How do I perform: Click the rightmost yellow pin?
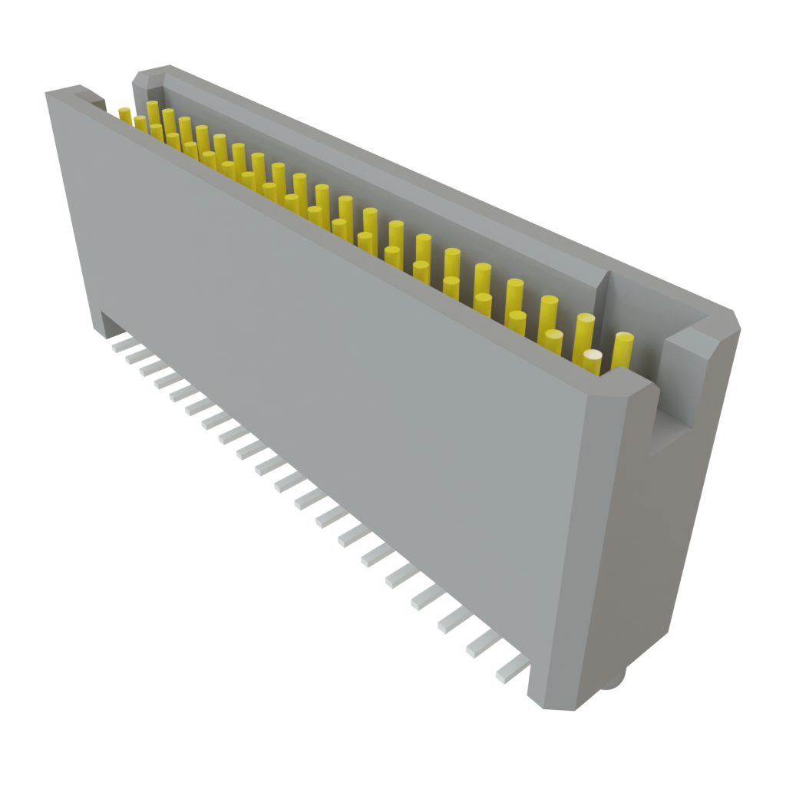[x=623, y=350]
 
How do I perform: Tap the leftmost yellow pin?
[x=124, y=114]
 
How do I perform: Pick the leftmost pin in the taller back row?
[x=153, y=112]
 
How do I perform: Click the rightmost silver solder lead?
[x=510, y=674]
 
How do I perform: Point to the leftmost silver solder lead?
[x=118, y=345]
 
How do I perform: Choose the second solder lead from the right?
[x=481, y=646]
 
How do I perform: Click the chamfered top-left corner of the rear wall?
[x=142, y=75]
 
